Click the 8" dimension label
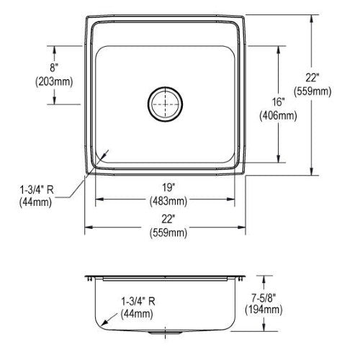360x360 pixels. [54, 68]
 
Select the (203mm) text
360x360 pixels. [54, 81]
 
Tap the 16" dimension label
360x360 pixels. [278, 102]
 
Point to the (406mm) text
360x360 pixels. [278, 116]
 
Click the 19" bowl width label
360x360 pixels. [168, 187]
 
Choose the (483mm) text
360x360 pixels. [168, 201]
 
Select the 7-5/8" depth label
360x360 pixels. [264, 298]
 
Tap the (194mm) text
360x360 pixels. [264, 310]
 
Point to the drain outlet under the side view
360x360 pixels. [165, 333]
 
